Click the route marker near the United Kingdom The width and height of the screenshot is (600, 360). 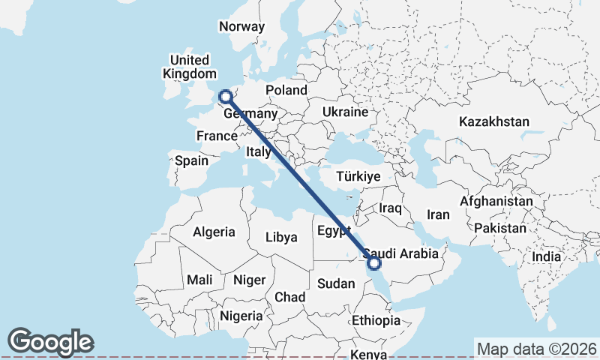pyautogui.click(x=224, y=96)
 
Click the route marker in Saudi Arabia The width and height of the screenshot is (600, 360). pyautogui.click(x=373, y=262)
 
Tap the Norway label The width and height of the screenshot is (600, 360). pyautogui.click(x=241, y=26)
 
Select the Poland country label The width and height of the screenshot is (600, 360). pyautogui.click(x=286, y=90)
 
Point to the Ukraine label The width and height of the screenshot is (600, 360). pyautogui.click(x=345, y=112)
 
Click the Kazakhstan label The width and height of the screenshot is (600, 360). pyautogui.click(x=495, y=121)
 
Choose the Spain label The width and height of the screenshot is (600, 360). pyautogui.click(x=191, y=160)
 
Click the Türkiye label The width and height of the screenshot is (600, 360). pyautogui.click(x=358, y=176)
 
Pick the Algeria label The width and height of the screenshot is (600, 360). pyautogui.click(x=214, y=232)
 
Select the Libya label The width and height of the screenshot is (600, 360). pyautogui.click(x=281, y=237)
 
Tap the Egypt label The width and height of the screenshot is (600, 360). pyautogui.click(x=334, y=229)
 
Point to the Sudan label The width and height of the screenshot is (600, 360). pyautogui.click(x=335, y=283)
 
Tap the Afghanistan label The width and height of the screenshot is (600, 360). pyautogui.click(x=496, y=202)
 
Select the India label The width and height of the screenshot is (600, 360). pyautogui.click(x=546, y=256)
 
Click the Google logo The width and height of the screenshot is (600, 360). pyautogui.click(x=50, y=342)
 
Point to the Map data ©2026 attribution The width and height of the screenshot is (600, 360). pyautogui.click(x=536, y=349)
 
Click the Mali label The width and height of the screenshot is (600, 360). pyautogui.click(x=199, y=280)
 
